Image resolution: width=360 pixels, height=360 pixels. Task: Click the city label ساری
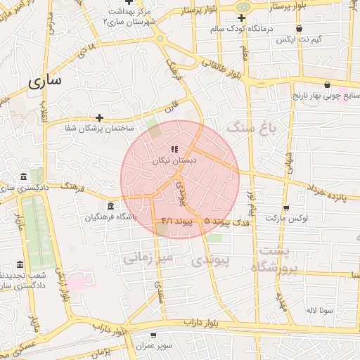[x=45, y=81]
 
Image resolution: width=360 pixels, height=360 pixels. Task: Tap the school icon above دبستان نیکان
[x=174, y=150]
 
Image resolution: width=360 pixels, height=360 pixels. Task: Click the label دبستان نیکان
[x=174, y=160]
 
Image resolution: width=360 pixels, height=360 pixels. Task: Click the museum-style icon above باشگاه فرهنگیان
[x=110, y=206]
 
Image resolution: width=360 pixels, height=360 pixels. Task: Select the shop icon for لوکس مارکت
[x=285, y=208]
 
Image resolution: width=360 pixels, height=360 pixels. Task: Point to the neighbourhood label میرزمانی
[x=148, y=258]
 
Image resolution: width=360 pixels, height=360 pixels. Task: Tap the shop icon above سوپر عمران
[x=154, y=336]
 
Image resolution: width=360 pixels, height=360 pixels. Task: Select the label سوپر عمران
[x=154, y=347]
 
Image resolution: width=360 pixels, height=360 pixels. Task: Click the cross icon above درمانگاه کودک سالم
[x=242, y=18]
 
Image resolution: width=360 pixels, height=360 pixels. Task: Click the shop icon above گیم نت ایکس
[x=300, y=29]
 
